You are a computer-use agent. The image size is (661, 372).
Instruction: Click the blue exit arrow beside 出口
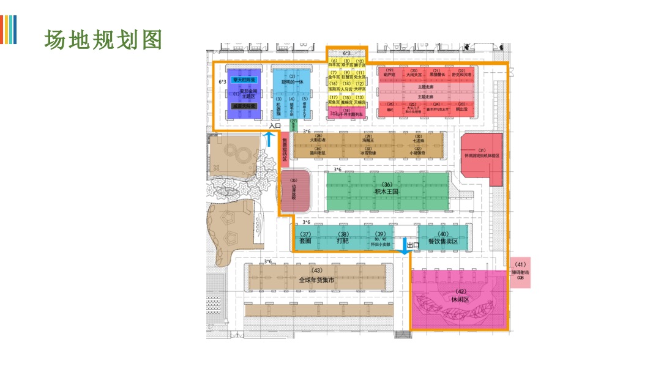point(405,245)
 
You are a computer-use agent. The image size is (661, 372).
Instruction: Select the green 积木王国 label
point(387,192)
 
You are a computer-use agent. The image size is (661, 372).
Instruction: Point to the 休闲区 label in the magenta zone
point(459,299)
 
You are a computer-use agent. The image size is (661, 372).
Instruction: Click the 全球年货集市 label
point(316,280)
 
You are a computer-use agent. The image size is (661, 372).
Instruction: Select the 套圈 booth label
point(305,241)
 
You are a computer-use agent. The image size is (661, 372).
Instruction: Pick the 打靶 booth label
point(343,241)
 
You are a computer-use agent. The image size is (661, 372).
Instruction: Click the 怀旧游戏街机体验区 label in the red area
point(482,156)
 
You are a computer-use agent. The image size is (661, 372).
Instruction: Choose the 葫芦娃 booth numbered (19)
point(389,74)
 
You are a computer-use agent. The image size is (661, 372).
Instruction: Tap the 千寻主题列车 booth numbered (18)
point(347,113)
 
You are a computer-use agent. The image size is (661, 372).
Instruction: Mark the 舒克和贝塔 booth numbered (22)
point(461,74)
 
